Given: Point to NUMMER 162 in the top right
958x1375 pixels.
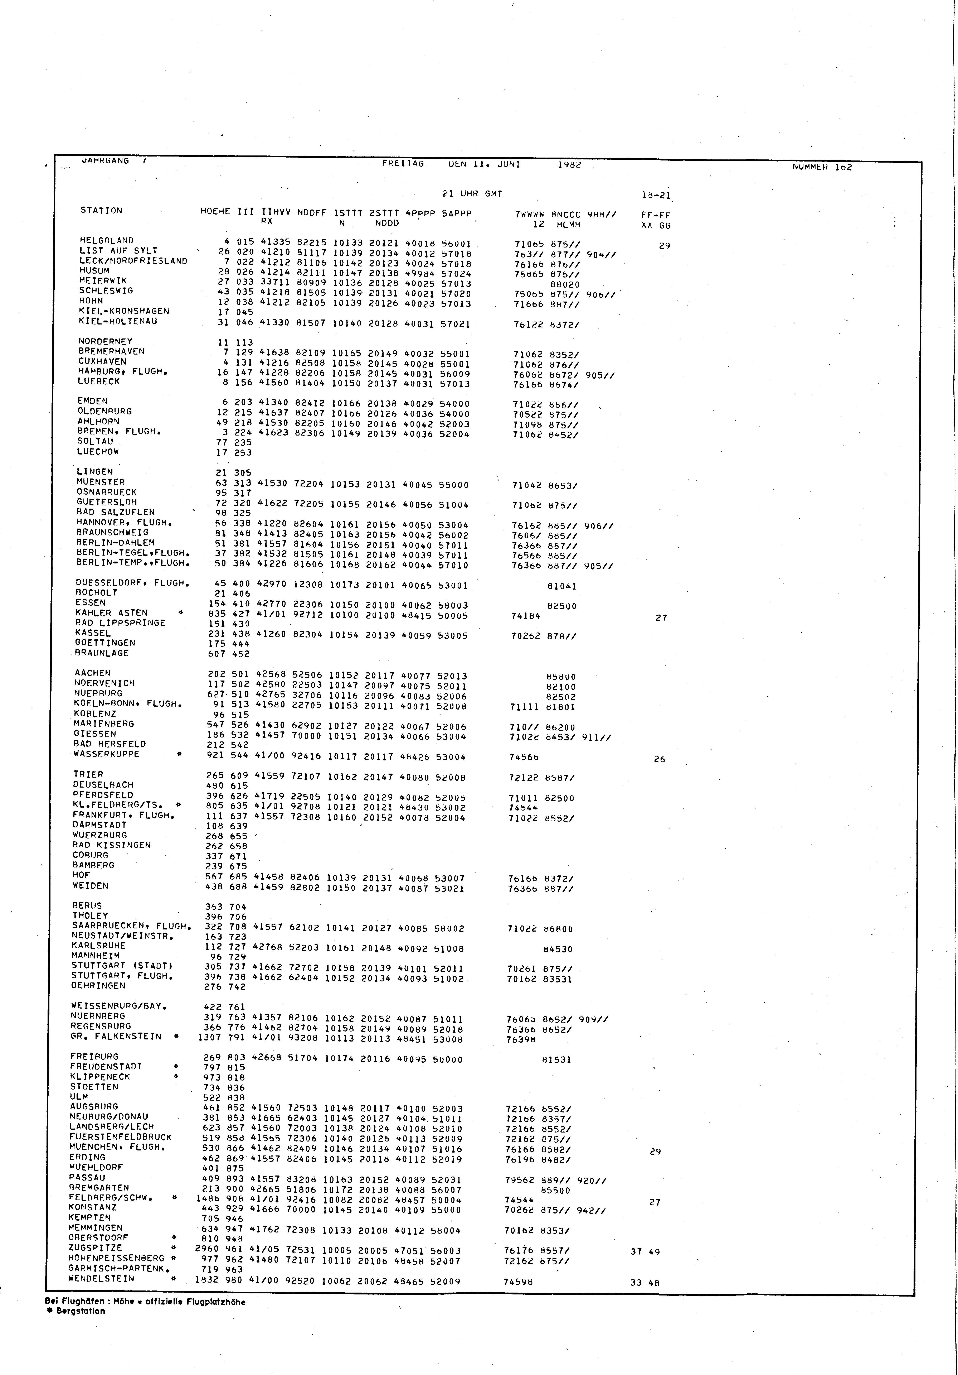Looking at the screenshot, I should click(x=821, y=167).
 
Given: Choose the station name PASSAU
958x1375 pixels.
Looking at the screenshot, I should click(x=87, y=1177).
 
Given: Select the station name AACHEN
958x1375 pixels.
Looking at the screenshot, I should click(x=93, y=673).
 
